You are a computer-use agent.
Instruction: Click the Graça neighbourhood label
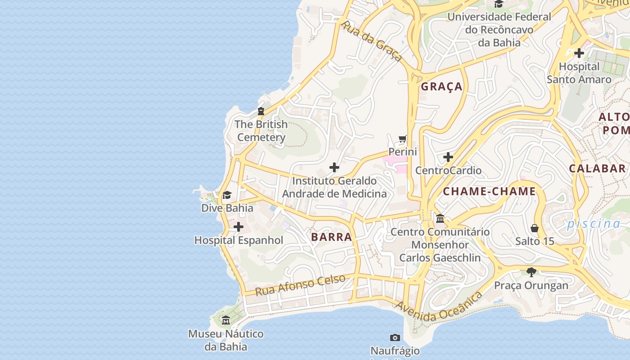coord(441,86)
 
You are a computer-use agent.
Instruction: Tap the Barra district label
coord(331,237)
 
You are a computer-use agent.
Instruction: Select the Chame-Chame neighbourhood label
coord(489,191)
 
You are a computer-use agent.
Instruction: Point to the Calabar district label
coord(597,168)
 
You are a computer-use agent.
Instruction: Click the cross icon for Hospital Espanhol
coord(238,227)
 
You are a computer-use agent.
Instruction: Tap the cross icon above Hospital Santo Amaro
coord(579,53)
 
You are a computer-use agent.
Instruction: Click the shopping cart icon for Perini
coord(403,139)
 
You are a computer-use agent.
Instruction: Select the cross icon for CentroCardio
coord(448,157)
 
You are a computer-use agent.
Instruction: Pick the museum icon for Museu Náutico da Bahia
coord(226,320)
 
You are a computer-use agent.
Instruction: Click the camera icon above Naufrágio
coord(395,337)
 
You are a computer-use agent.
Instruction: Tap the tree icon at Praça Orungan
coord(531,272)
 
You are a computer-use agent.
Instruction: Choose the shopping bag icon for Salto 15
coord(535,228)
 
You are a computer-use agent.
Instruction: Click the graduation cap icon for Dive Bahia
coord(227,195)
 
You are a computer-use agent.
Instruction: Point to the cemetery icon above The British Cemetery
coord(261,111)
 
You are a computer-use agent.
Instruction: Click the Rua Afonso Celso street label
coord(300,285)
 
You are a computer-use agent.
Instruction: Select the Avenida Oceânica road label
coord(439,307)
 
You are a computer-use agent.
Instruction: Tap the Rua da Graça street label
coord(372,41)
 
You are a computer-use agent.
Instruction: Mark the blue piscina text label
coord(594,223)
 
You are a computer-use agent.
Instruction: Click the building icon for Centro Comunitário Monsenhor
coord(440,219)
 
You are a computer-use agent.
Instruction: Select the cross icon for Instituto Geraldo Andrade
coord(334,167)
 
